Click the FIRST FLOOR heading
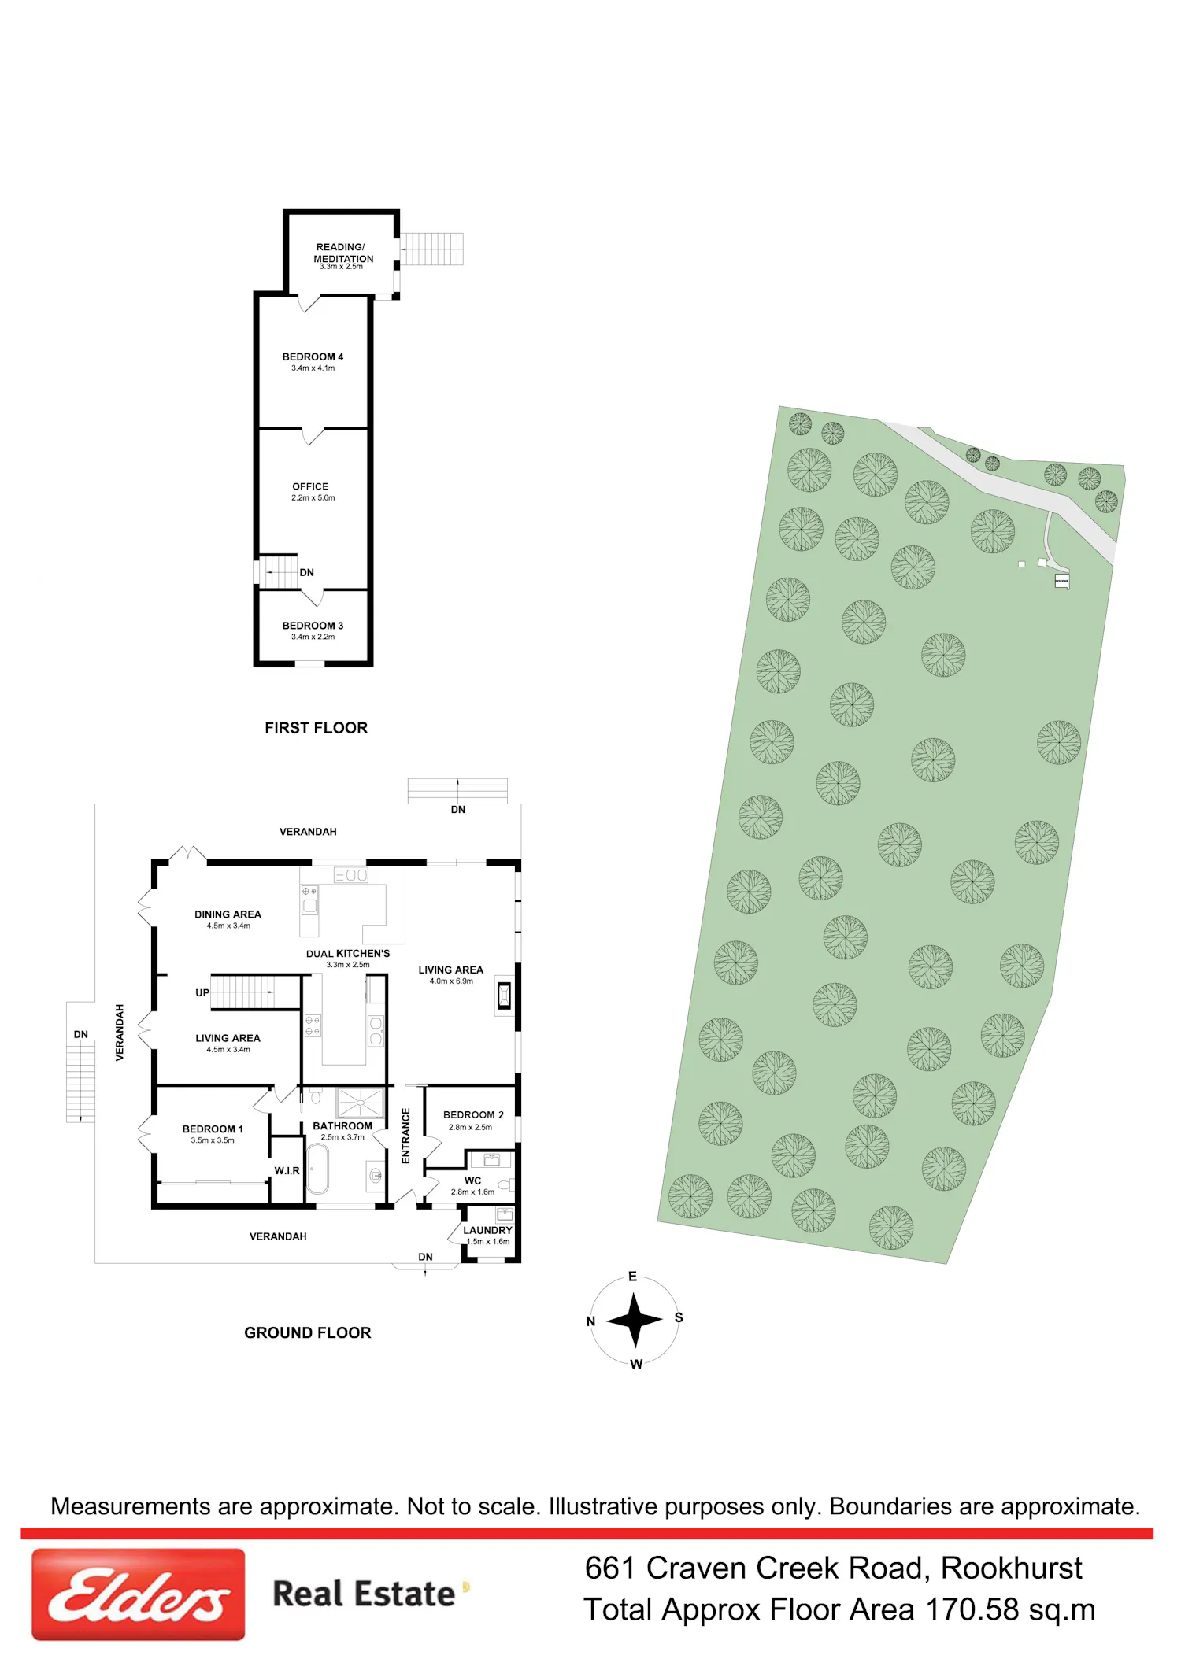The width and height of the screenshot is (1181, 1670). (x=316, y=728)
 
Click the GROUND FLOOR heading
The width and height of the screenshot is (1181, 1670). (x=307, y=1332)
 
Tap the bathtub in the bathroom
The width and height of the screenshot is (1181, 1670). (x=317, y=1169)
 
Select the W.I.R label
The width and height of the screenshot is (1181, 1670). (x=287, y=1171)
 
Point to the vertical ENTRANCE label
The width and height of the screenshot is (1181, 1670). (x=406, y=1136)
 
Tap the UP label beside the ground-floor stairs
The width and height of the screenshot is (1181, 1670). (x=202, y=992)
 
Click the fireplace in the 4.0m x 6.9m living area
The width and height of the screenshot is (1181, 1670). (x=504, y=996)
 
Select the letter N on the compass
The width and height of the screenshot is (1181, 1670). (x=591, y=1321)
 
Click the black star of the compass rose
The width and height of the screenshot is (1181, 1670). (x=635, y=1320)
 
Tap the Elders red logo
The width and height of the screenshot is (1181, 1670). (x=139, y=1594)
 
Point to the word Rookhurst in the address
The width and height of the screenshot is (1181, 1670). (x=1012, y=1568)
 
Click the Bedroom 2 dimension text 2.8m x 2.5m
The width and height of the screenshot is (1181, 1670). (x=470, y=1127)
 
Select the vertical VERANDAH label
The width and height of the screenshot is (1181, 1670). (x=120, y=1033)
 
